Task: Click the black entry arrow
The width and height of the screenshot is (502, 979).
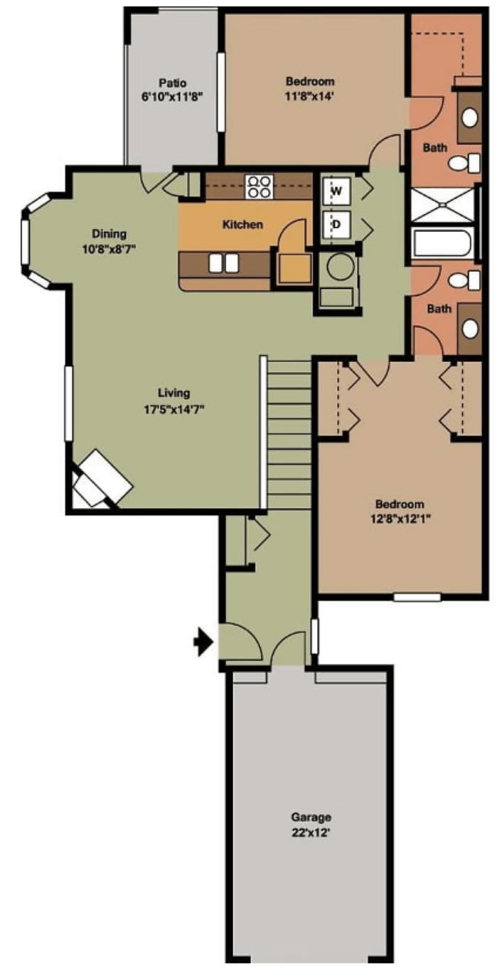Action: coord(203,642)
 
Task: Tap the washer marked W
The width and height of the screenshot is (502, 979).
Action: coord(336,191)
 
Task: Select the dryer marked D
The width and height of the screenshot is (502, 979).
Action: coord(336,224)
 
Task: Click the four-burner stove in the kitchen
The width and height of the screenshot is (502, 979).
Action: coord(259,186)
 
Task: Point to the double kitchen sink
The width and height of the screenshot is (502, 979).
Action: coord(224,263)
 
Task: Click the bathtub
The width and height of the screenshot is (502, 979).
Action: coord(442,243)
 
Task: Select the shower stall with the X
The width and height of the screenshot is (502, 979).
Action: coord(442,204)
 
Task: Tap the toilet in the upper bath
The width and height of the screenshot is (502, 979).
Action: coord(464,164)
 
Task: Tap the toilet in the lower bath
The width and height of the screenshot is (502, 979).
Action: coord(464,280)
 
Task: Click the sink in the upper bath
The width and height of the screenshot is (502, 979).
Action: coord(470,117)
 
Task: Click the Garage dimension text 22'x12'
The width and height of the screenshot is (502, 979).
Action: coord(311,832)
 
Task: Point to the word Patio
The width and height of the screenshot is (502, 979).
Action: coord(173,83)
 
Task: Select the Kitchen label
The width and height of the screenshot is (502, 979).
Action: coord(242,225)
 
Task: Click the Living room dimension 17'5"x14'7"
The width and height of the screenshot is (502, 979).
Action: coord(174,410)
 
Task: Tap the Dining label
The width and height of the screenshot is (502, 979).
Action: coord(110,233)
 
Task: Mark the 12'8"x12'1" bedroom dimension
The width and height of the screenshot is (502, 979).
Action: coord(400,519)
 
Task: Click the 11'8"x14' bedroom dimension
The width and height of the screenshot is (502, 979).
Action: coord(310,96)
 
